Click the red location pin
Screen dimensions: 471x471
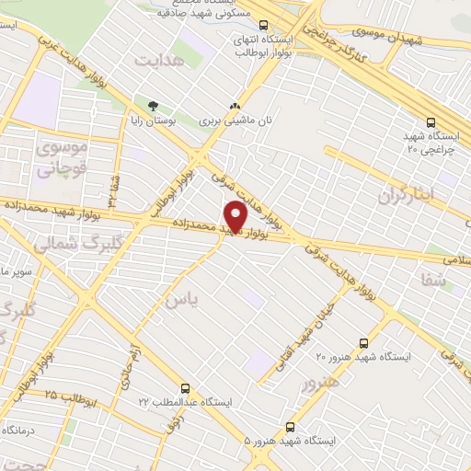pos(236,217)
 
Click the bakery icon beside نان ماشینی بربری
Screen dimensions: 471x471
pos(236,106)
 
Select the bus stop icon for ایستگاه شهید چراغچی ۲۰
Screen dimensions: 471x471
pos(431,121)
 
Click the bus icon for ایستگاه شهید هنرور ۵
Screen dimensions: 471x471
pos(291,427)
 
